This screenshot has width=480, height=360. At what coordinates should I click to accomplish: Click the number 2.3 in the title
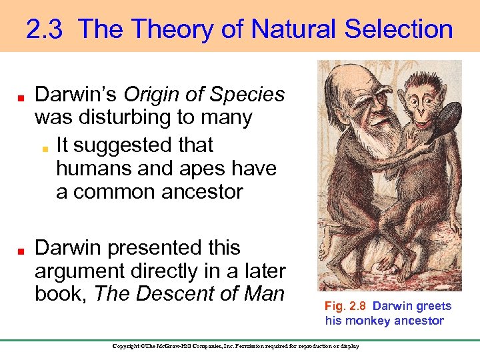(x=45, y=29)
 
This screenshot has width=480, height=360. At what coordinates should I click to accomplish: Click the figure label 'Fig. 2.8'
(x=345, y=306)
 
